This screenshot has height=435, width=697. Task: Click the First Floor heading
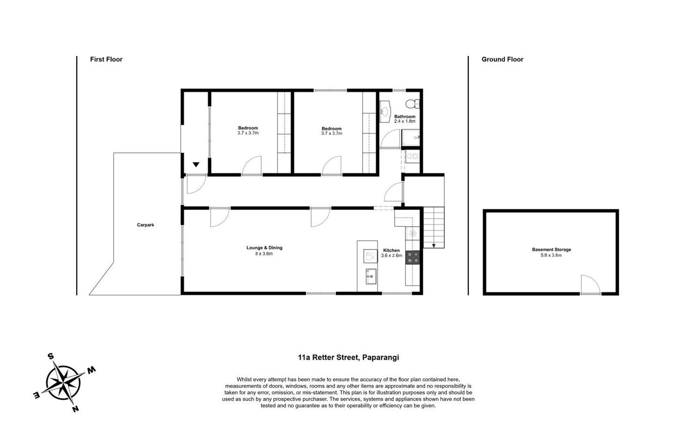[106, 59]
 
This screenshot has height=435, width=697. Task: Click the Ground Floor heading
[502, 59]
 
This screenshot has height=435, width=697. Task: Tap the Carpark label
[145, 225]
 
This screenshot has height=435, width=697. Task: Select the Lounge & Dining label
[264, 247]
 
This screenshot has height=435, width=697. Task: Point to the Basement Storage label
[552, 250]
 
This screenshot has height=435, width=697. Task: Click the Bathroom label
[405, 116]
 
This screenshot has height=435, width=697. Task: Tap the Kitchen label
[391, 250]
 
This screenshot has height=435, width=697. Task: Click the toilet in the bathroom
[413, 103]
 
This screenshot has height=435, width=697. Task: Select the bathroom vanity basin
[385, 111]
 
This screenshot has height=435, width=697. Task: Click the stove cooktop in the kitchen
[413, 258]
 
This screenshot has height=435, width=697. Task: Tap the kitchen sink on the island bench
[371, 276]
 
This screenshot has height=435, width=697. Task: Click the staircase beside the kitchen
[434, 227]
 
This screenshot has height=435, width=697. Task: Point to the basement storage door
[590, 284]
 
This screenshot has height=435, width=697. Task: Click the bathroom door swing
[389, 139]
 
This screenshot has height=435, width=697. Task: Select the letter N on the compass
[75, 409]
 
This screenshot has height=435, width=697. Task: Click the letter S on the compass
[51, 356]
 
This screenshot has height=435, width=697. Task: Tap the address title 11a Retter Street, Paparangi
[348, 357]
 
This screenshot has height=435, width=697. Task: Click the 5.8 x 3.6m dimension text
[551, 255]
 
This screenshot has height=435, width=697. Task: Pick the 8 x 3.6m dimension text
[264, 253]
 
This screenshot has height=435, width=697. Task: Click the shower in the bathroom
[411, 138]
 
